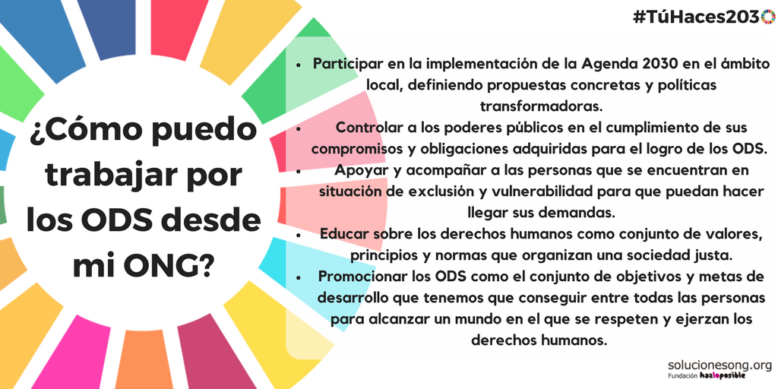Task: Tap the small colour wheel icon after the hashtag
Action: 769,17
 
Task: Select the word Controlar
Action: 368,128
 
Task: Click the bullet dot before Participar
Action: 298,65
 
